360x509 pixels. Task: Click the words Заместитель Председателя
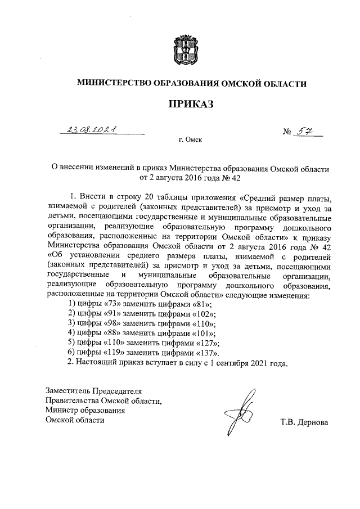[94, 390]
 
